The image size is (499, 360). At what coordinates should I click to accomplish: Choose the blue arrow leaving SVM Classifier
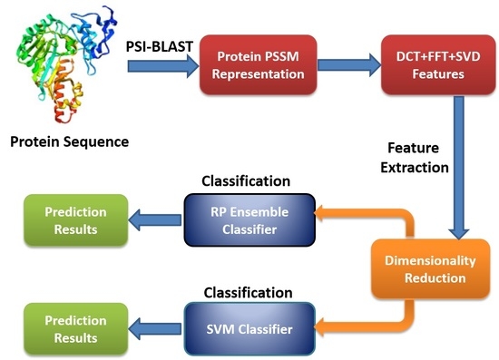[x=154, y=328]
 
